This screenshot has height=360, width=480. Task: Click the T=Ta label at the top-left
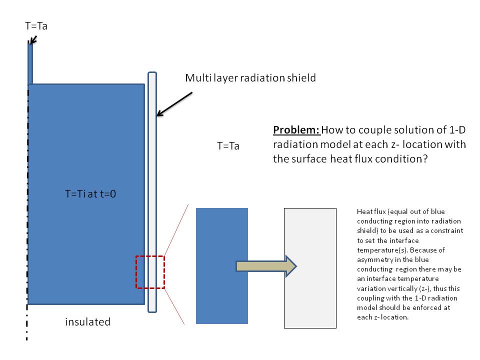[x=36, y=26]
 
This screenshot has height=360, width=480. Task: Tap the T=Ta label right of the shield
[x=228, y=146]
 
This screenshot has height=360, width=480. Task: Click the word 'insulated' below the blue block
[x=87, y=322]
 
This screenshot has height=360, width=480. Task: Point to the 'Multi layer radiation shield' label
[x=250, y=78]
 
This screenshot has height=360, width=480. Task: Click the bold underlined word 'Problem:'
[x=296, y=130]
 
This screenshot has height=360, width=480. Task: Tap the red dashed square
[x=150, y=272]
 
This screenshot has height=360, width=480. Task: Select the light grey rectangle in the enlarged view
[x=310, y=268]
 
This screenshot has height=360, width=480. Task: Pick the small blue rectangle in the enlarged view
[x=222, y=265]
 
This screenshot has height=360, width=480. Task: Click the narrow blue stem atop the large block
[x=30, y=64]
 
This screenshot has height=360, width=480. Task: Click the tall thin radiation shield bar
[x=152, y=192]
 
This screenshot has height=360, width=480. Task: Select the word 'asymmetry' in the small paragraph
[x=371, y=260]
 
